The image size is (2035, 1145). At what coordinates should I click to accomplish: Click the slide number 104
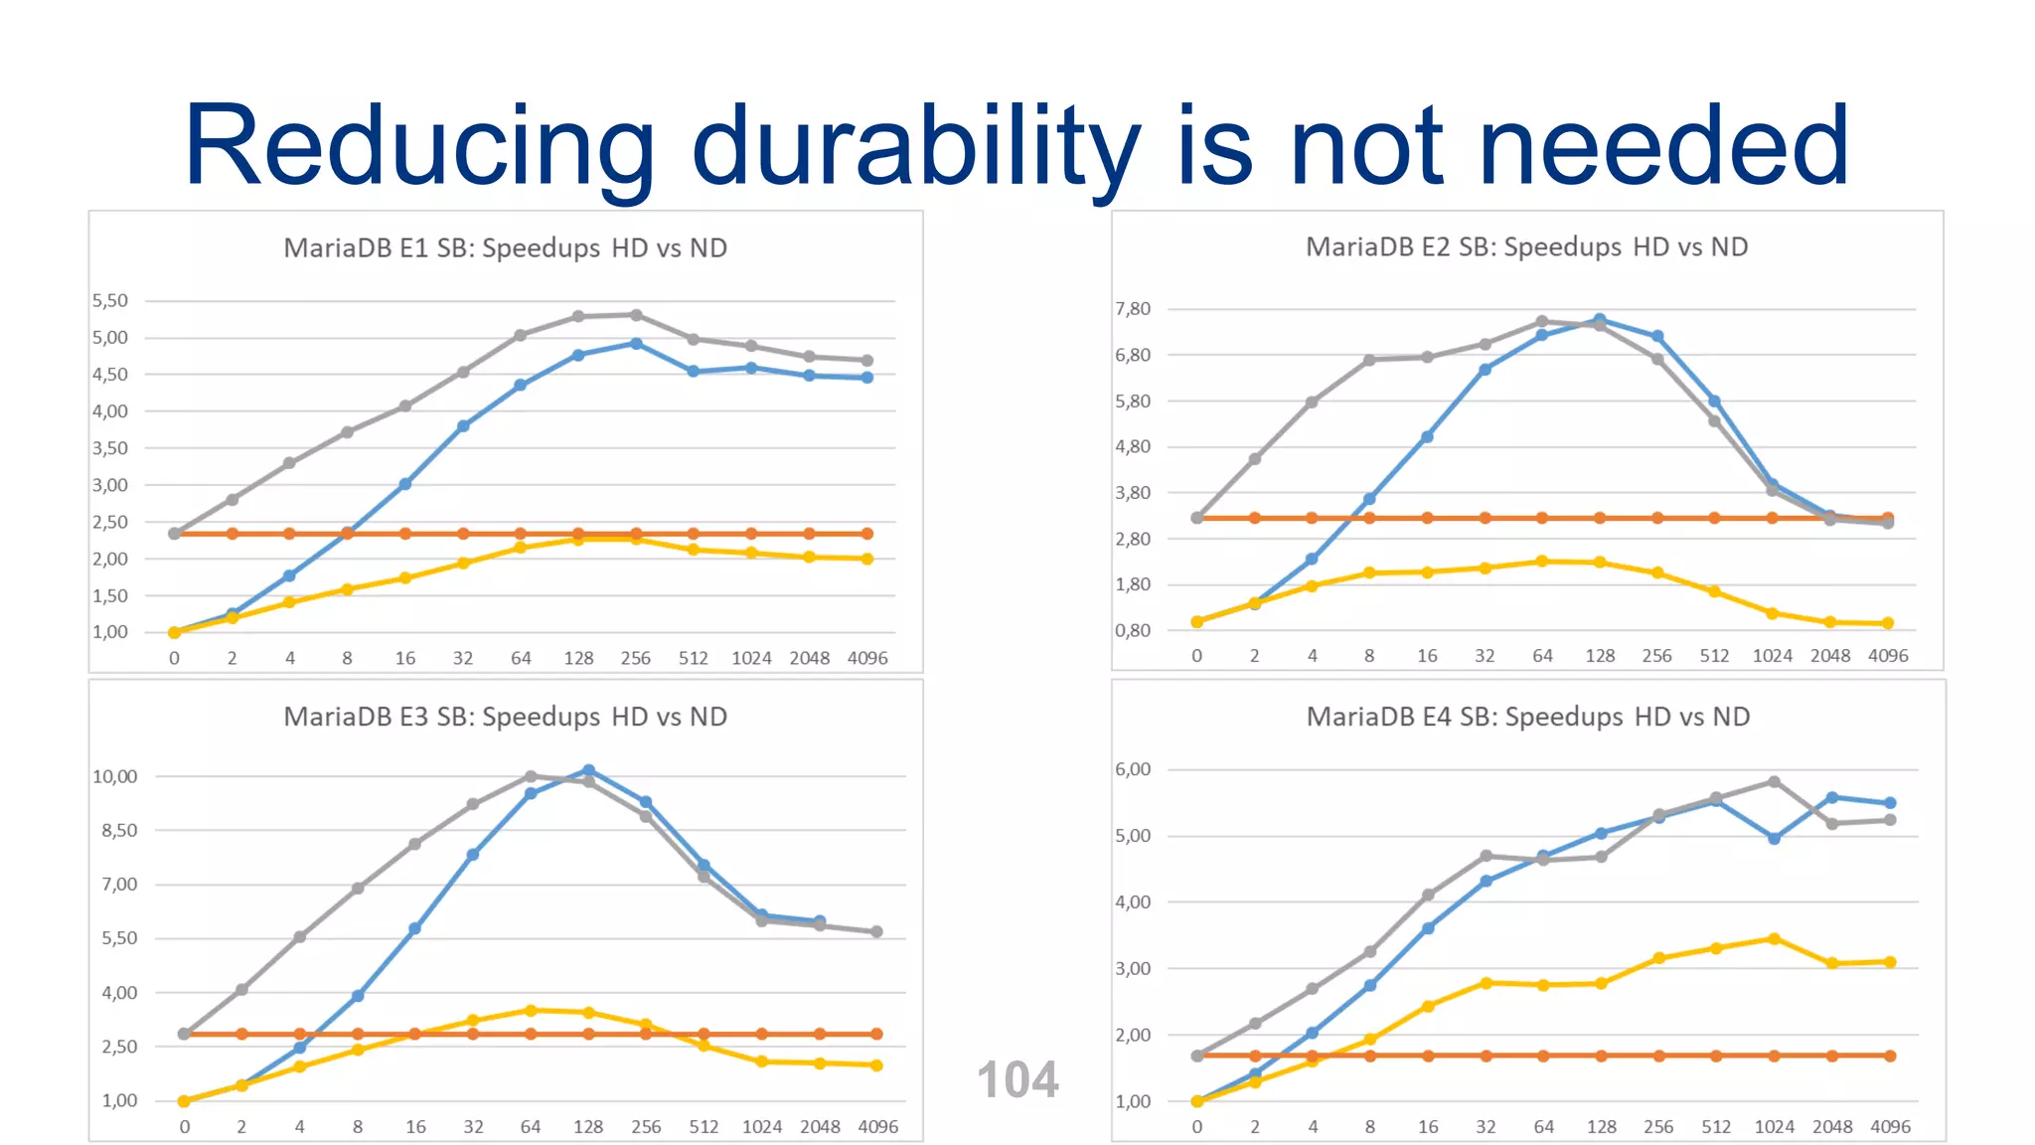(1017, 1079)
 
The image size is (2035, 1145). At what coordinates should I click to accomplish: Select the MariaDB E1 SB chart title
(505, 247)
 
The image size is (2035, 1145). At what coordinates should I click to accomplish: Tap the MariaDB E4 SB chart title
(1527, 717)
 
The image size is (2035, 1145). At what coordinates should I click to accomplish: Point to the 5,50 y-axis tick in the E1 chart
(110, 300)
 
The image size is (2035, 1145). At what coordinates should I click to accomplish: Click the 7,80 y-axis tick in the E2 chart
(1132, 309)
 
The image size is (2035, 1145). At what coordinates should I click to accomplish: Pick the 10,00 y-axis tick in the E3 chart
(114, 776)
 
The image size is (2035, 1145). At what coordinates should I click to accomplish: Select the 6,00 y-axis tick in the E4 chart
(1132, 769)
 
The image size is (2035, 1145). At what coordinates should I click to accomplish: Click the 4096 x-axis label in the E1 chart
(866, 658)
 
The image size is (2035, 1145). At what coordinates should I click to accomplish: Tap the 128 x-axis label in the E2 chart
(1599, 656)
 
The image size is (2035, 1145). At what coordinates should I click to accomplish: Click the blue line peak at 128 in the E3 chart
(588, 770)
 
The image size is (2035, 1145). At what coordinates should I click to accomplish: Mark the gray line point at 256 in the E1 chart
(636, 315)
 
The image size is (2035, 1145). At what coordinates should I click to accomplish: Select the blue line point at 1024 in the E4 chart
(1774, 838)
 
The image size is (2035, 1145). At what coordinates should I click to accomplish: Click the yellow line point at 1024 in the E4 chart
(1774, 938)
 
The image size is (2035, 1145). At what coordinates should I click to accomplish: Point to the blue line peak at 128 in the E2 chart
(1599, 320)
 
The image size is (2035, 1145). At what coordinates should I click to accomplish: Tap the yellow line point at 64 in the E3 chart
(531, 1010)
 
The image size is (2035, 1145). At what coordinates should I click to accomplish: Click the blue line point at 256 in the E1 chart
(636, 344)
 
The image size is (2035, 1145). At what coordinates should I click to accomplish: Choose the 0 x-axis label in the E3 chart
(184, 1127)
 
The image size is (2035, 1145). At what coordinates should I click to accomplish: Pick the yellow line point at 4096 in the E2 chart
(1887, 623)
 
